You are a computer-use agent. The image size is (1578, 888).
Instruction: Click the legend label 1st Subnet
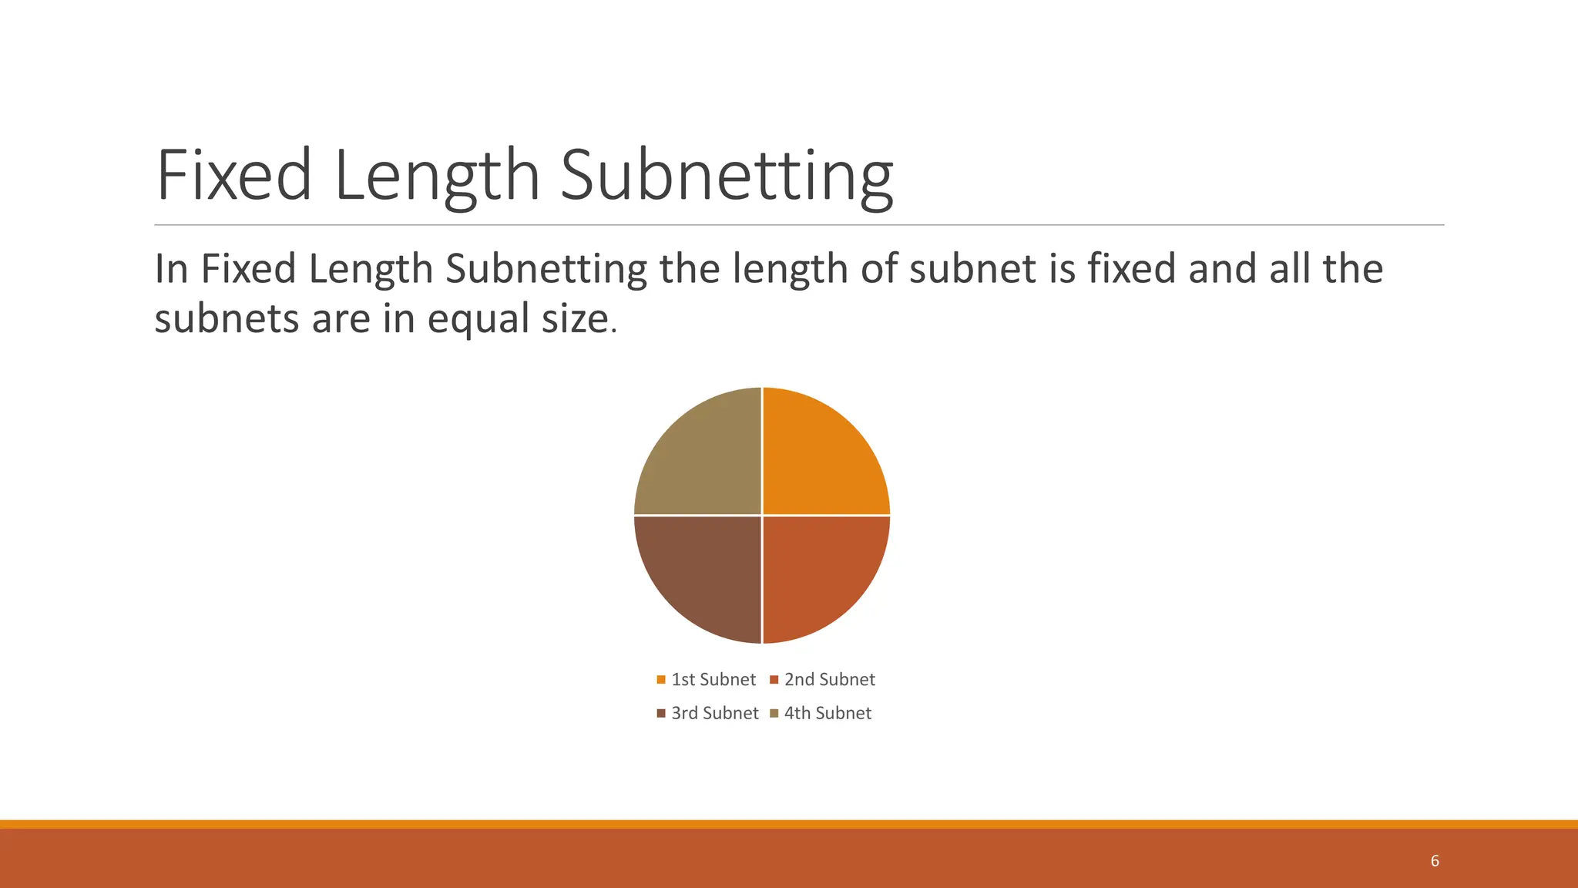point(713,680)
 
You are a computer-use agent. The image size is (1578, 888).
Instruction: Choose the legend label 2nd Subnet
point(830,680)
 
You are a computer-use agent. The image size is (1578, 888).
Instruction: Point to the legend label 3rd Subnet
point(715,714)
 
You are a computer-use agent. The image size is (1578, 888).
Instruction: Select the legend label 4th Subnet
point(828,714)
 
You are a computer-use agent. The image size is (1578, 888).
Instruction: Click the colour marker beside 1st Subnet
point(661,680)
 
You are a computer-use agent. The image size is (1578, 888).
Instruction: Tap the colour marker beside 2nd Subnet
point(774,680)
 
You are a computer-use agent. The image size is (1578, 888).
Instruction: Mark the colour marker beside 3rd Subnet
point(661,714)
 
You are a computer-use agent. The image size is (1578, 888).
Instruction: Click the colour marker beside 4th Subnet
point(774,714)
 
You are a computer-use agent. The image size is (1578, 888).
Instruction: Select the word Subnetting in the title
point(727,177)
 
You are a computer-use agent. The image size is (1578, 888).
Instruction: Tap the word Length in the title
point(437,177)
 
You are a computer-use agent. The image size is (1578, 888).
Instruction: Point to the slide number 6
point(1435,861)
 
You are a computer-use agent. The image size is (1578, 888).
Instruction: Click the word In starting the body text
point(171,269)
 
